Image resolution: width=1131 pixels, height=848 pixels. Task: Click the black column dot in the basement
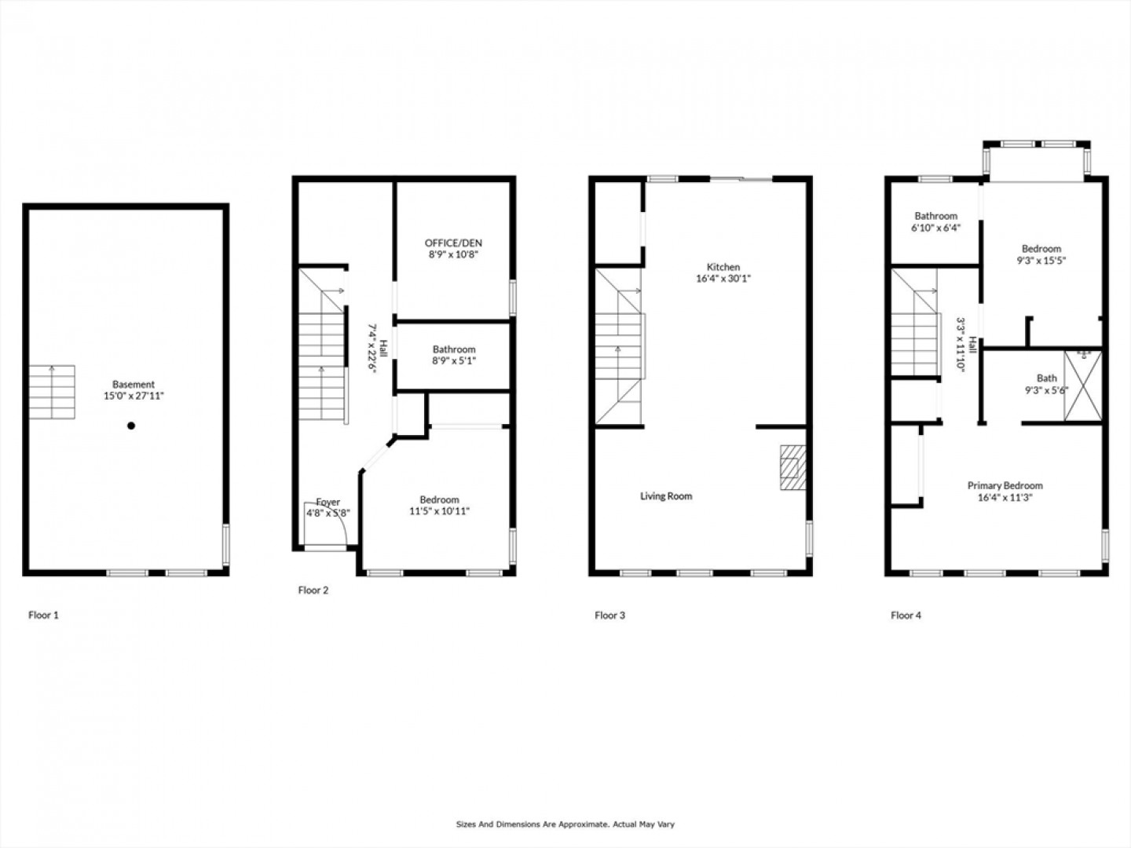131,426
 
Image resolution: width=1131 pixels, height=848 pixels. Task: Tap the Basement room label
134,384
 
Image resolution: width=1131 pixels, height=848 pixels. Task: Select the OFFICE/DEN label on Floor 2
453,243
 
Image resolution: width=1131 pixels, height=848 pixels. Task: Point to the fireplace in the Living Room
793,467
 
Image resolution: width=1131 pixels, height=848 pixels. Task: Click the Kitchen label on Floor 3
723,267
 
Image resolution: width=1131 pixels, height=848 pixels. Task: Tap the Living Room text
666,495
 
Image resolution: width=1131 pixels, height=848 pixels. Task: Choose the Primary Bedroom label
1005,485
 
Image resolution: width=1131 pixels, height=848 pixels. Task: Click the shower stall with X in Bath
1083,386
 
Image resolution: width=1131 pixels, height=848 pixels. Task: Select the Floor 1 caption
43,615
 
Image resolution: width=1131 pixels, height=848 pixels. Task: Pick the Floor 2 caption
313,590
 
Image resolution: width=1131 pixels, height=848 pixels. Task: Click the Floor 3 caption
610,616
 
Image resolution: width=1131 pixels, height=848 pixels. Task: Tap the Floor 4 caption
906,616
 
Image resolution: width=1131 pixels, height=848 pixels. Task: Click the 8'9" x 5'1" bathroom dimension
454,360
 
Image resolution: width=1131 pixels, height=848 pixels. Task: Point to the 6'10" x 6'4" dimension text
935,228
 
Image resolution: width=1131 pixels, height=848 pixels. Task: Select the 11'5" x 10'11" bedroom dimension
440,511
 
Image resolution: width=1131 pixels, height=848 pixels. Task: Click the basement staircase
52,392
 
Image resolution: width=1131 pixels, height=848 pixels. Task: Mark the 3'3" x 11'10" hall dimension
961,345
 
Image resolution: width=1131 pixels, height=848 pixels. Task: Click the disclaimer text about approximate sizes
565,824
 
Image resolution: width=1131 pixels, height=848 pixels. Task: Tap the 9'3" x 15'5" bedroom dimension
1041,261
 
